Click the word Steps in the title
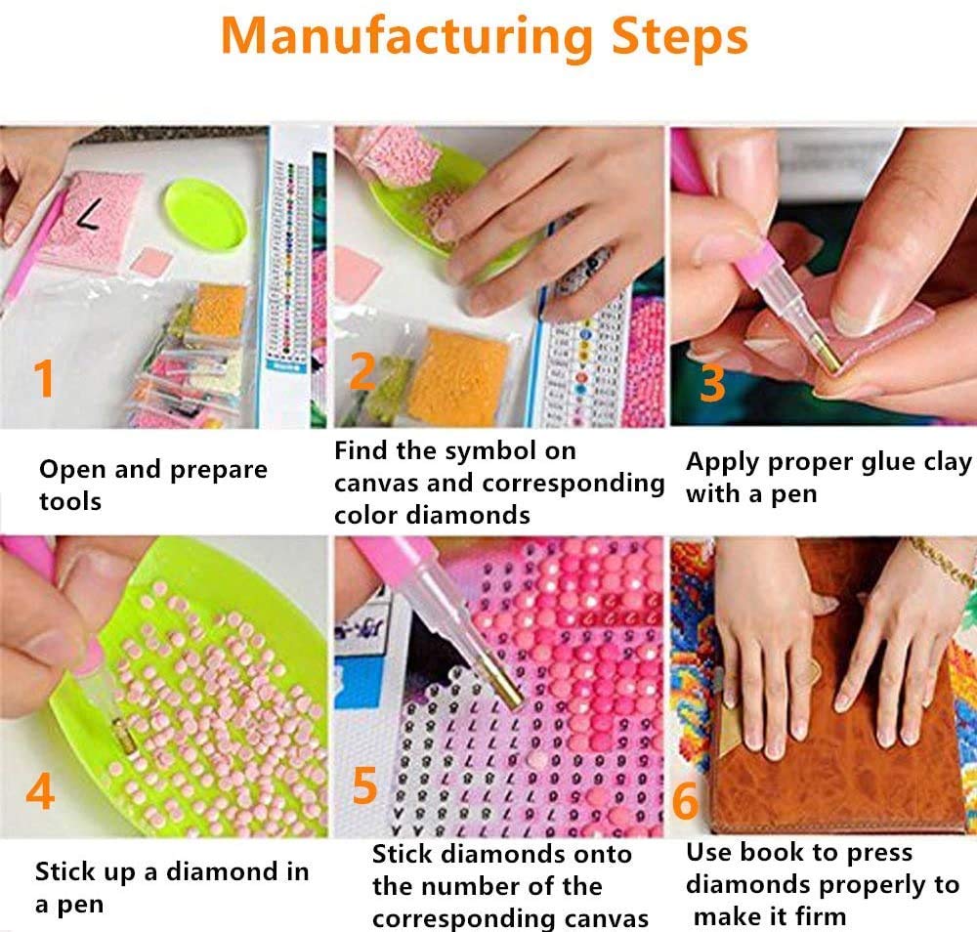coord(679,37)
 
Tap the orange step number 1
coord(44,377)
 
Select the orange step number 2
coord(362,372)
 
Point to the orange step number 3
coord(712,382)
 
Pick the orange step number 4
coord(40,792)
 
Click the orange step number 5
coord(364,785)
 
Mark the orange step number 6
coord(686,800)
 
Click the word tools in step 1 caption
coord(70,501)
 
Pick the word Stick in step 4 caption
coord(64,871)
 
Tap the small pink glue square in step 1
coord(150,261)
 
